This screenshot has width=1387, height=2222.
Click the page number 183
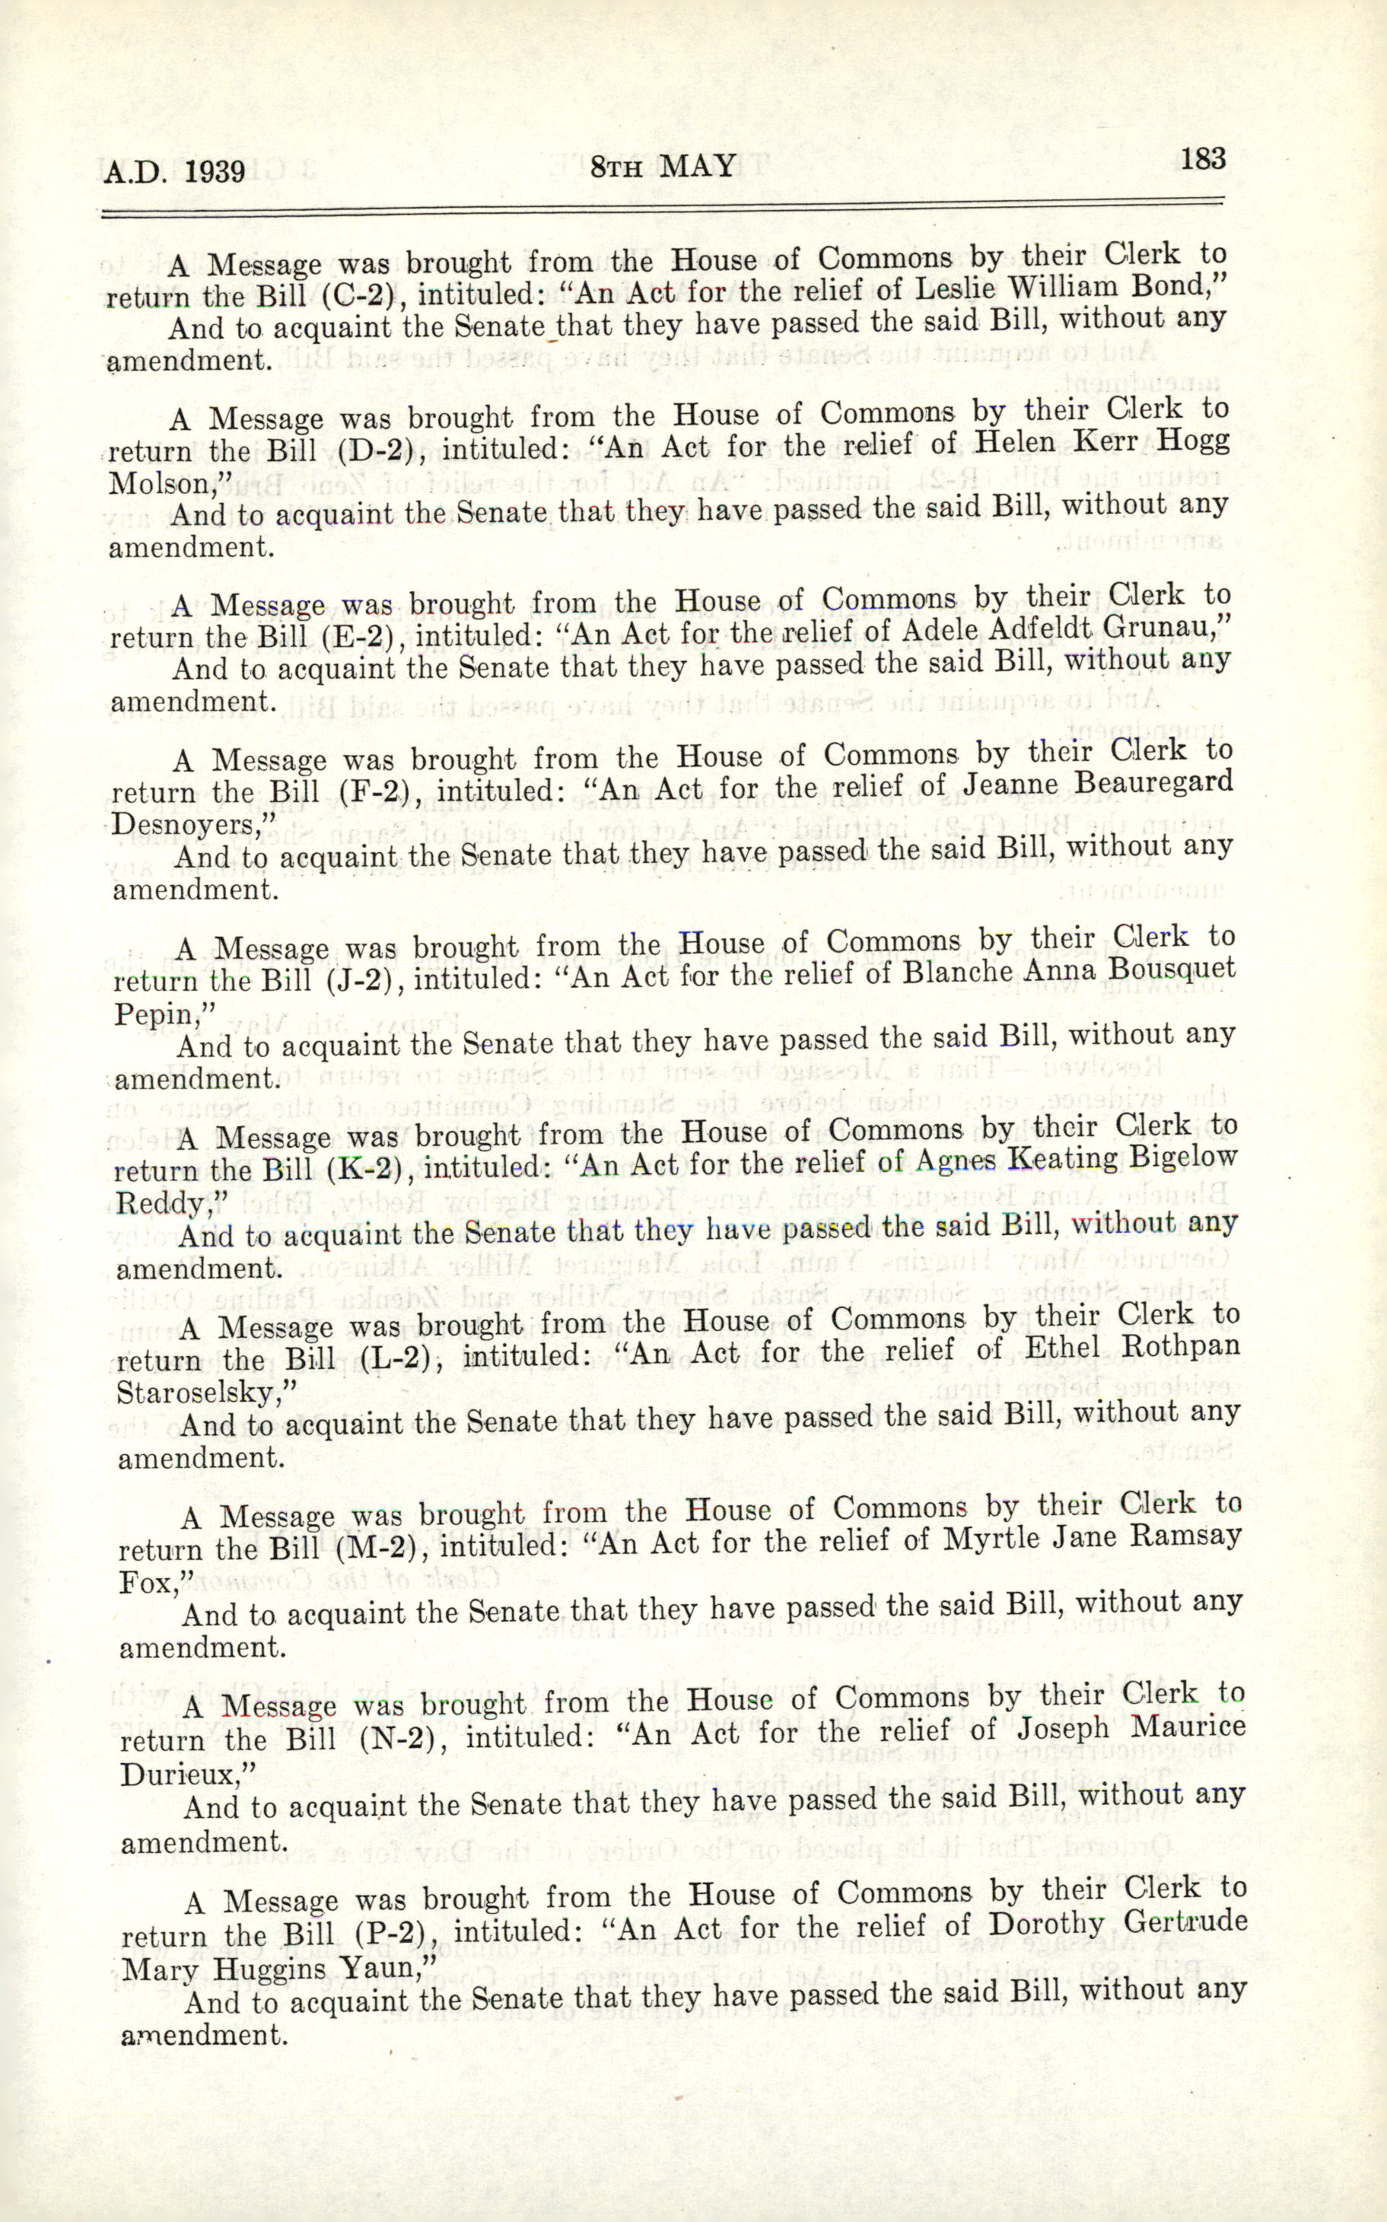tap(1203, 160)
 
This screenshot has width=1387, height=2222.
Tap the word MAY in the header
tap(698, 166)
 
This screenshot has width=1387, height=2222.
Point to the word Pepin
tap(157, 1014)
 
